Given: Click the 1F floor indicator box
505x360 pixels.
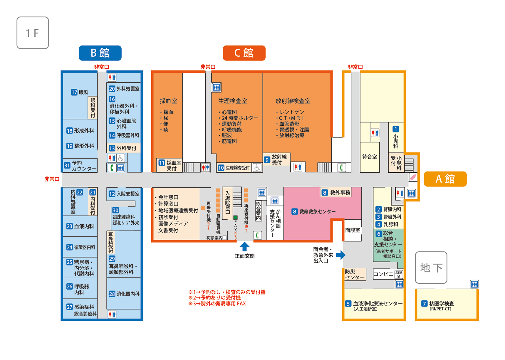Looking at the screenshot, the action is point(33,33).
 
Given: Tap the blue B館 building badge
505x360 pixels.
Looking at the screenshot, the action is point(100,53).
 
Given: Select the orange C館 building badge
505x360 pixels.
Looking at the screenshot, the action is point(244,53).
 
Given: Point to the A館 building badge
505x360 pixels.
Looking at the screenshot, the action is point(445,179).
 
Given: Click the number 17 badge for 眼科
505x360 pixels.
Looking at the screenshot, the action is point(74,92).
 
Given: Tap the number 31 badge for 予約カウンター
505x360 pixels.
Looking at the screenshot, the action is point(67,166).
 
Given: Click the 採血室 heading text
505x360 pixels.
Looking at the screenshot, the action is point(168,101).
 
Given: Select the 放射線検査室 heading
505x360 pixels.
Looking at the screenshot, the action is point(293,101).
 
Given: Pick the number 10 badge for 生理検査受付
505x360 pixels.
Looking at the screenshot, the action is point(221,168).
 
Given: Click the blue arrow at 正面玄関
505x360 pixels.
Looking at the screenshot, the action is point(244,246).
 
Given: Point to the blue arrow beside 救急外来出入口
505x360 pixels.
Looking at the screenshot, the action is point(341,255).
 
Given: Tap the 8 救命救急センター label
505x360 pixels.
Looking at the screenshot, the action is point(313,211).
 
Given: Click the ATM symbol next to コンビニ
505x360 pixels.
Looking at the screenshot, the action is point(399,274).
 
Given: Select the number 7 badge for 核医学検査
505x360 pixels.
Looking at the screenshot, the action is point(424,304).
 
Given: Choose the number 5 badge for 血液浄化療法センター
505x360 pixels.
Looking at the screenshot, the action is point(348,304).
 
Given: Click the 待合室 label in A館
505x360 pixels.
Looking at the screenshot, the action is point(370,157).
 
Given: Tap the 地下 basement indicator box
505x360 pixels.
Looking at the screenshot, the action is point(431,268).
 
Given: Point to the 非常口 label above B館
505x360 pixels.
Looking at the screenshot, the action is point(102,67).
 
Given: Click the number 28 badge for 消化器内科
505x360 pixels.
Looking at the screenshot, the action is point(112,294).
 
